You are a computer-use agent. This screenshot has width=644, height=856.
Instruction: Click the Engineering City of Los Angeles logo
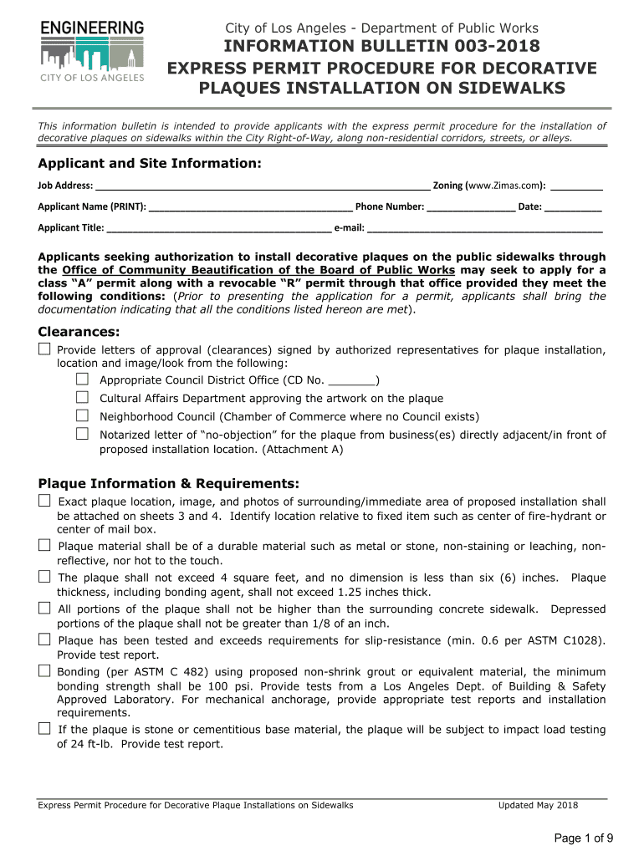coord(92,52)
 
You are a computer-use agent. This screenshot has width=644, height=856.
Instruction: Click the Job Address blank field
coord(263,186)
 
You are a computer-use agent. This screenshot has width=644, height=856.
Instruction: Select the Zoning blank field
coord(577,186)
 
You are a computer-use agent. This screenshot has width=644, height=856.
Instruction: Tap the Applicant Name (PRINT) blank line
coord(250,206)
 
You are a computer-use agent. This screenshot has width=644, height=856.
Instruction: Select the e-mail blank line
coord(485,227)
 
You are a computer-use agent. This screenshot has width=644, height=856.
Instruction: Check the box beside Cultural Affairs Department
coord(83,398)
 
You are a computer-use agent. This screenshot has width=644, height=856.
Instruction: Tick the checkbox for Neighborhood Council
coord(83,415)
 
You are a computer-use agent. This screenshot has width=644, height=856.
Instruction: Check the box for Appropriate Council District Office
coord(83,380)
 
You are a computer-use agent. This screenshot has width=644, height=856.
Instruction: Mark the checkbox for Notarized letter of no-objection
coord(83,434)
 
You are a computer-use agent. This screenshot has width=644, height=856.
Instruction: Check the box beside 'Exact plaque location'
coord(44,501)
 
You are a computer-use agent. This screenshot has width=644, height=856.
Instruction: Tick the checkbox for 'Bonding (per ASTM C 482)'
coord(44,671)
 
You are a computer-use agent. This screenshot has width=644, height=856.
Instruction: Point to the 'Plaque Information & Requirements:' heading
coord(169,483)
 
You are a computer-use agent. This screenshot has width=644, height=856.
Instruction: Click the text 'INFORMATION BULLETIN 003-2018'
coord(381,46)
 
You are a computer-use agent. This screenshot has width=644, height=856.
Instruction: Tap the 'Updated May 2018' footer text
coord(538,805)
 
